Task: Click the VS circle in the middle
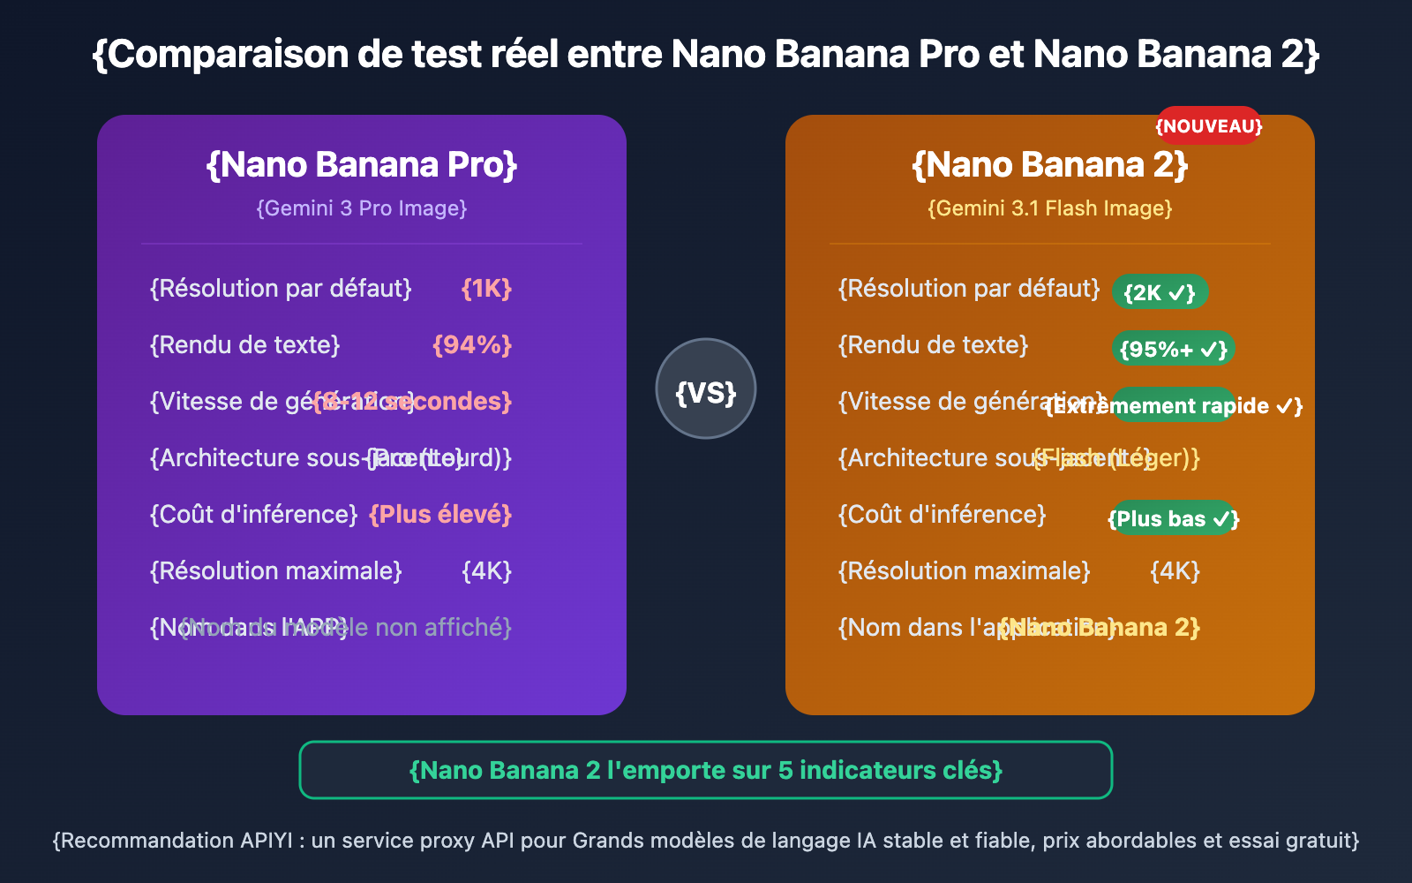tap(706, 389)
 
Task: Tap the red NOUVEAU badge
tap(1209, 125)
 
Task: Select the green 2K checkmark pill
tap(1160, 292)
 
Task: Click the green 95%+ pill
tap(1173, 349)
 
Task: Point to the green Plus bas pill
tap(1173, 518)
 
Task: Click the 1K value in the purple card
tap(486, 289)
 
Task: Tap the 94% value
tap(472, 345)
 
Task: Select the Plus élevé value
tap(440, 515)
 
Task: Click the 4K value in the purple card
tap(486, 571)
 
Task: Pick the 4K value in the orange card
tap(1175, 571)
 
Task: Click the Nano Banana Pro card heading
tap(362, 165)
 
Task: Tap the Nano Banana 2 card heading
tap(1050, 165)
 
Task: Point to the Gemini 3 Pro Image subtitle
tap(362, 208)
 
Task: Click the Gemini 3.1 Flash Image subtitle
tap(1050, 208)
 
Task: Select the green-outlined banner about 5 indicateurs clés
tap(706, 770)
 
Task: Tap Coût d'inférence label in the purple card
tap(254, 515)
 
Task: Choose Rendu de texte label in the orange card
tap(934, 345)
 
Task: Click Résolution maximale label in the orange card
tap(965, 571)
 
